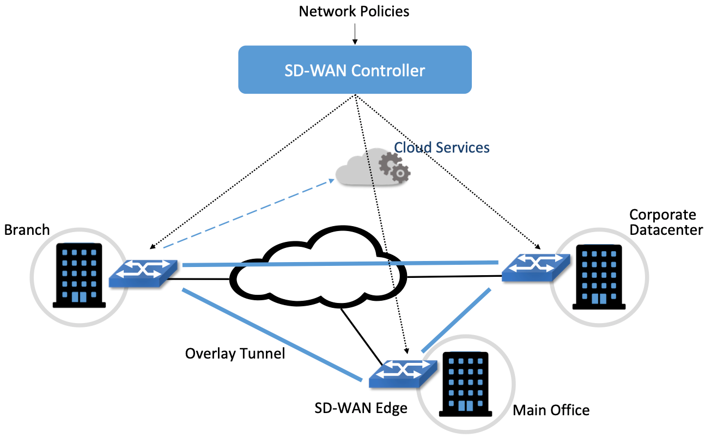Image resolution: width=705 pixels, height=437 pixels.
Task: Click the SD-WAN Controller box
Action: (355, 70)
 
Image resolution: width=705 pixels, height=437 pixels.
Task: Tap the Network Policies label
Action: (354, 11)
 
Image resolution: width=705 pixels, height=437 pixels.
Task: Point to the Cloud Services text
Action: (441, 147)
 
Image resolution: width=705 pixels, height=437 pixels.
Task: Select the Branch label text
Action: (27, 229)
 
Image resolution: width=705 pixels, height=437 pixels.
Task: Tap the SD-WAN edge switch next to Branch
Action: (143, 272)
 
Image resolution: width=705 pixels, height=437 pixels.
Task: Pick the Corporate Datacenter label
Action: (665, 222)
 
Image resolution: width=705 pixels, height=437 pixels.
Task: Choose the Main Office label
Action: (551, 409)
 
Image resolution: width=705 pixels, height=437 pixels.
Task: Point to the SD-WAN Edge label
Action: (361, 408)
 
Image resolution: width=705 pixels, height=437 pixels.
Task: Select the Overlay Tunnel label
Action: (235, 353)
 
